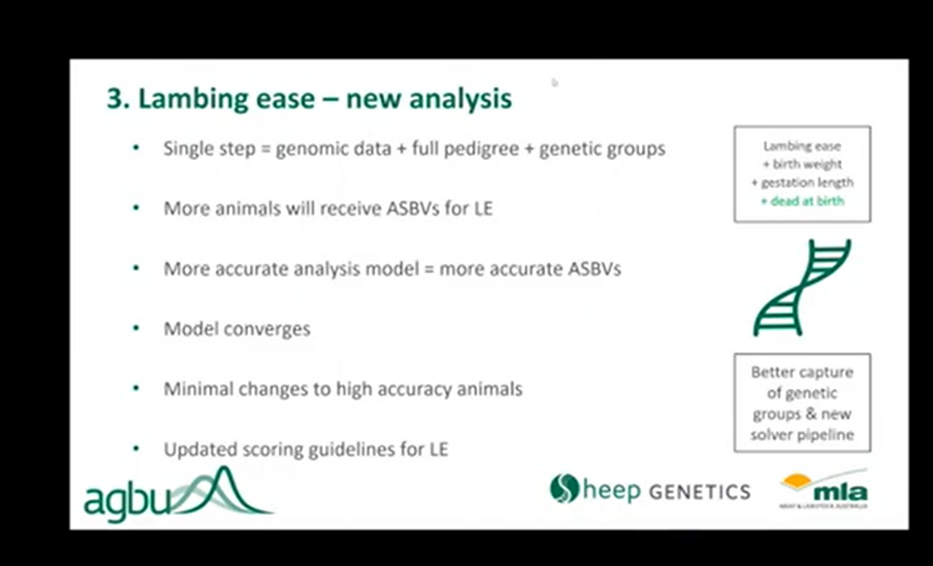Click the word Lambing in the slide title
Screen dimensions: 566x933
point(184,99)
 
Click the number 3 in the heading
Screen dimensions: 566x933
point(114,99)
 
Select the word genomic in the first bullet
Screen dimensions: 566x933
point(309,149)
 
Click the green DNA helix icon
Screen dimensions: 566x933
point(801,288)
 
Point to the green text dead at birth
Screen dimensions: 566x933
point(802,201)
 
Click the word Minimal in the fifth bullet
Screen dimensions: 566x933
point(197,389)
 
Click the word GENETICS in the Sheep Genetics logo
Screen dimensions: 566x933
point(699,491)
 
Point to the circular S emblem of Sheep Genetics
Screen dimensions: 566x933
point(563,488)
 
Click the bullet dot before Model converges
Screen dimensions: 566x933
point(136,328)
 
